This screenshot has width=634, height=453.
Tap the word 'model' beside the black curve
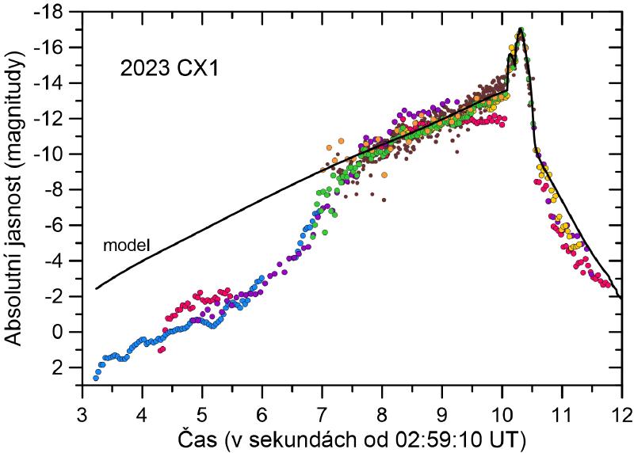coord(127,246)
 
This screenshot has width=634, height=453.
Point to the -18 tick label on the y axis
coord(63,12)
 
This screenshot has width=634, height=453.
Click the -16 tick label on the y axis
coord(63,48)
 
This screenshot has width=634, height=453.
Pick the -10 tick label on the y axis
coord(63,154)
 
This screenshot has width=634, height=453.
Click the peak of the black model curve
coord(521,29)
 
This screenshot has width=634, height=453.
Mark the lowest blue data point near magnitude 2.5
coord(96,378)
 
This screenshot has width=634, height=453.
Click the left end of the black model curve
coord(96,288)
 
